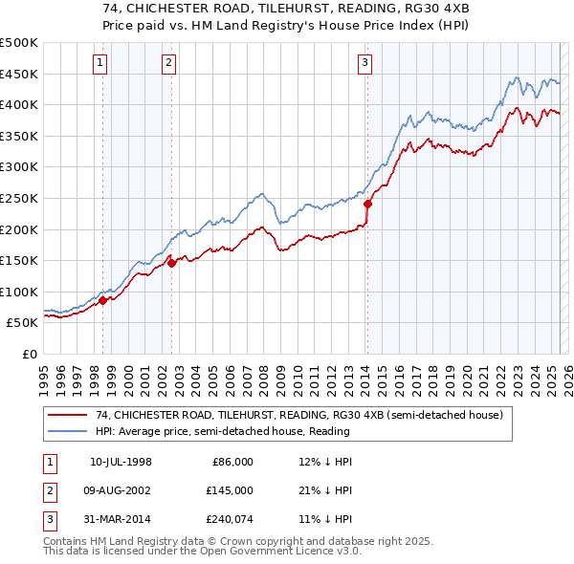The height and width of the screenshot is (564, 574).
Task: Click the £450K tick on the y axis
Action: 19,74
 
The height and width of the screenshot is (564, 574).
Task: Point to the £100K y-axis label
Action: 19,292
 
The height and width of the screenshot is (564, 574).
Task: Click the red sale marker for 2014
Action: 367,203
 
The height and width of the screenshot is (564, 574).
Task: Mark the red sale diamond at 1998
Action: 103,300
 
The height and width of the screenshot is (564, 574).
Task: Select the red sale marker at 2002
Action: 171,264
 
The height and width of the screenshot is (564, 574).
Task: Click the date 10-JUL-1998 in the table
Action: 121,462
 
